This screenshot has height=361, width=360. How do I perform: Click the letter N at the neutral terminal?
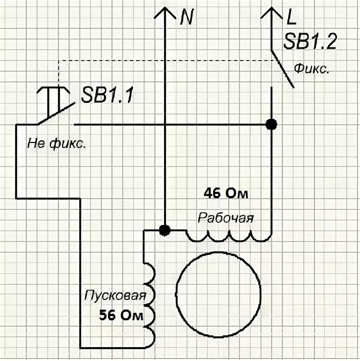click(187, 19)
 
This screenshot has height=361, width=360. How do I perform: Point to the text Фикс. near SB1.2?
click(311, 70)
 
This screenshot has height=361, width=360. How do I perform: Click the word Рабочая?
click(226, 219)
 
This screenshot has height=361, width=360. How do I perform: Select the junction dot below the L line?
click(272, 124)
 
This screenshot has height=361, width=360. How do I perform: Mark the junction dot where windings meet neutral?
click(165, 231)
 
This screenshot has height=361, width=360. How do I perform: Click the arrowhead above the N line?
click(165, 13)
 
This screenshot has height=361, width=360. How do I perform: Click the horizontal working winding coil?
click(229, 235)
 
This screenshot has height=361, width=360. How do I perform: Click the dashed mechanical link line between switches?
click(161, 61)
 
